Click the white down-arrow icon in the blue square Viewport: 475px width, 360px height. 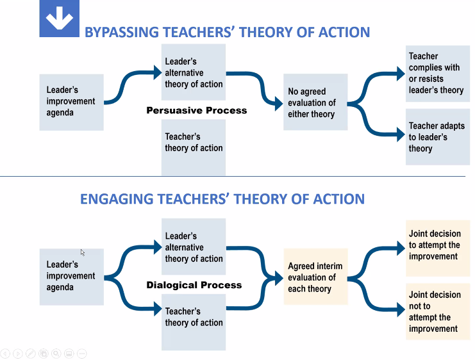[x=59, y=20]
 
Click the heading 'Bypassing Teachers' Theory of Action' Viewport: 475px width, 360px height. [x=227, y=32]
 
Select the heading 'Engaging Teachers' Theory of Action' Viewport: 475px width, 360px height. [x=222, y=199]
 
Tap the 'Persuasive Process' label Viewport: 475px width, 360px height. [x=196, y=110]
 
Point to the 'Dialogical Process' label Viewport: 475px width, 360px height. [x=194, y=285]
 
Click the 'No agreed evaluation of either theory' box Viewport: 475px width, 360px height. [x=315, y=102]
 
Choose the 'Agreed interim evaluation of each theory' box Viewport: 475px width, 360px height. [x=315, y=277]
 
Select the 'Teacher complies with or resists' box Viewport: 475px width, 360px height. [x=437, y=73]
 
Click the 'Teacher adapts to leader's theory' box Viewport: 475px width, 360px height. [x=437, y=137]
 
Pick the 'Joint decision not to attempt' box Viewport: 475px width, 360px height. [x=437, y=311]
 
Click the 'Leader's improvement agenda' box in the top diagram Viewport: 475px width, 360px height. [x=71, y=102]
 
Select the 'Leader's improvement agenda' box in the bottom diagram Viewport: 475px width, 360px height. [x=71, y=276]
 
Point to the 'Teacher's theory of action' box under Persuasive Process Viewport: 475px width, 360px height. [x=194, y=147]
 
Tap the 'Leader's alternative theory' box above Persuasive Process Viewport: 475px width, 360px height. [x=194, y=72]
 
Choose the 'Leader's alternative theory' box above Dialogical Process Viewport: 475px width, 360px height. [x=194, y=247]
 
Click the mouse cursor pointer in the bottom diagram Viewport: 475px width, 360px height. [x=83, y=252]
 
